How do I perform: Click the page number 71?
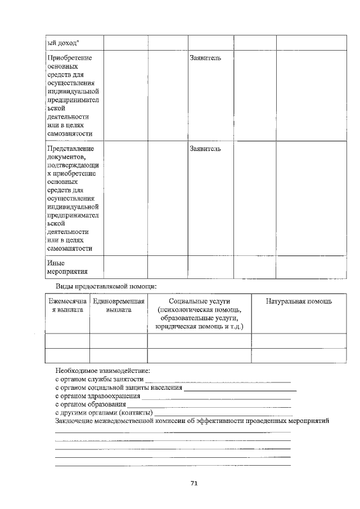[194, 483]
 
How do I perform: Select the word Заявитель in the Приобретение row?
[205, 58]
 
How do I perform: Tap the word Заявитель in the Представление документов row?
[205, 148]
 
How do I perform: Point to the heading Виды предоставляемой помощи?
[106, 287]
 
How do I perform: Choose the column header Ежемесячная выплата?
[67, 305]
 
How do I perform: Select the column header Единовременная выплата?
[118, 305]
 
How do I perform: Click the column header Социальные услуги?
[199, 301]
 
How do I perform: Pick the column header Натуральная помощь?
[299, 301]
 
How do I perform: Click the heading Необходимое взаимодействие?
[103, 371]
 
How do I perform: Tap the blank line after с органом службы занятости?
[218, 381]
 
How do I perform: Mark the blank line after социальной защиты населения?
[240, 389]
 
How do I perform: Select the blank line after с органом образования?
[209, 406]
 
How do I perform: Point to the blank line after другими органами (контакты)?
[223, 414]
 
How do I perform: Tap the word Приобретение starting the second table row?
[70, 58]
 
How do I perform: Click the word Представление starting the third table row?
[71, 148]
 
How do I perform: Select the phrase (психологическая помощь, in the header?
[200, 310]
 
